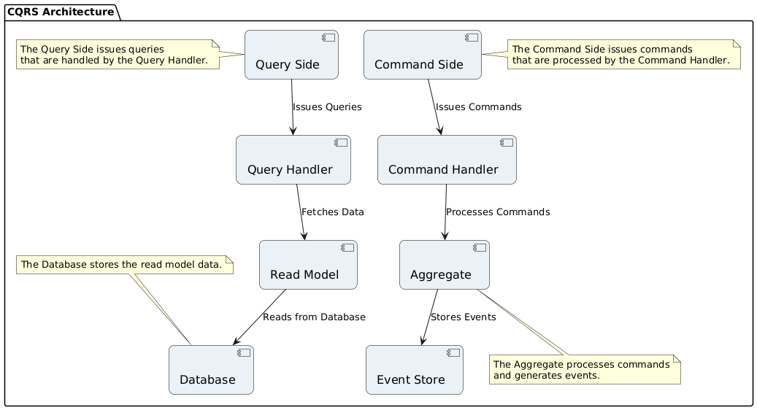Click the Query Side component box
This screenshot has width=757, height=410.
tap(291, 55)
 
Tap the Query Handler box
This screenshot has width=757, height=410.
tap(293, 160)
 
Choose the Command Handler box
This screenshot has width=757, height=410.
tap(447, 160)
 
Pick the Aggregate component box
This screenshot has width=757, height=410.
tap(444, 265)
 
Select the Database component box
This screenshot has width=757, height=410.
tap(211, 370)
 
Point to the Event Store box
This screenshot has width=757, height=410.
tap(414, 370)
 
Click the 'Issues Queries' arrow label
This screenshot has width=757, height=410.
tap(327, 107)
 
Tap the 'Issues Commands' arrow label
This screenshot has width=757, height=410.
tap(478, 107)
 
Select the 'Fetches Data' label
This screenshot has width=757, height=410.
tap(332, 212)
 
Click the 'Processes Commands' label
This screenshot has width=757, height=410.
tap(497, 212)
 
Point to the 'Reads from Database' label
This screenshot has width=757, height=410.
tap(314, 317)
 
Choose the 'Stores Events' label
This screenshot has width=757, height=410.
tap(463, 317)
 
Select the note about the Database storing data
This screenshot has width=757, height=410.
tap(123, 265)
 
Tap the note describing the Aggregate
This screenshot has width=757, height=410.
tap(584, 370)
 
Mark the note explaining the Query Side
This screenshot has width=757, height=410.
tap(119, 55)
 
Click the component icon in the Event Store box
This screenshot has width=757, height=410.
tap(453, 352)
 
